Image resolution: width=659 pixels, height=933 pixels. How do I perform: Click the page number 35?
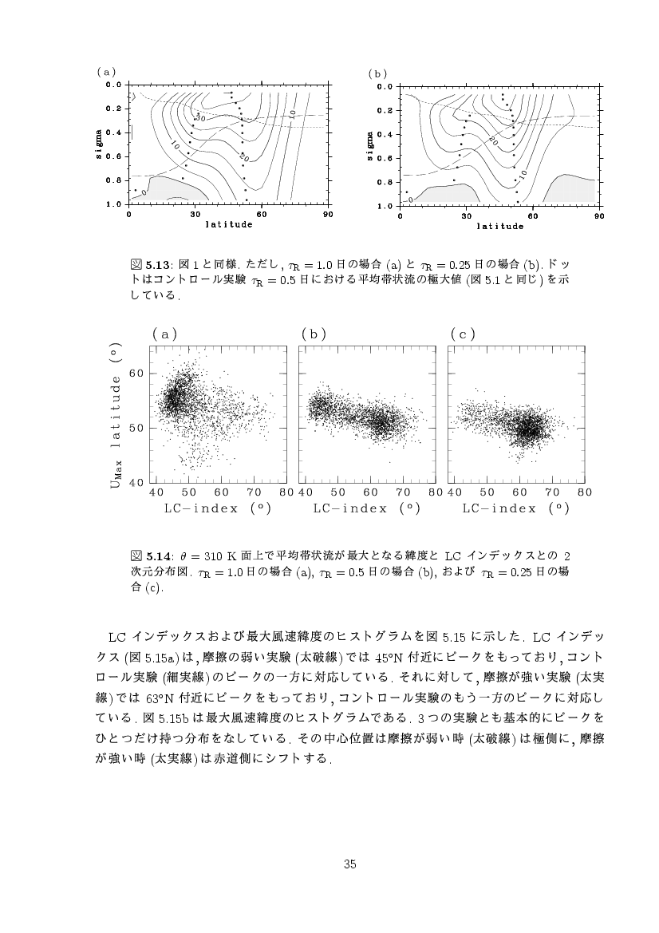pyautogui.click(x=349, y=864)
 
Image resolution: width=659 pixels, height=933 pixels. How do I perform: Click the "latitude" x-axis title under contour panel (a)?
pyautogui.click(x=228, y=224)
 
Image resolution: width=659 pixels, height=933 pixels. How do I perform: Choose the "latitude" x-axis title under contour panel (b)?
pyautogui.click(x=500, y=226)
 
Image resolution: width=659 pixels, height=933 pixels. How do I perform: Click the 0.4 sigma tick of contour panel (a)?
pyautogui.click(x=113, y=132)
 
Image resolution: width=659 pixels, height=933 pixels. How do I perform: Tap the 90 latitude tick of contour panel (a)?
pyautogui.click(x=327, y=214)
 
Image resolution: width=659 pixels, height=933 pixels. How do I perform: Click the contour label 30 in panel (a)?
pyautogui.click(x=200, y=119)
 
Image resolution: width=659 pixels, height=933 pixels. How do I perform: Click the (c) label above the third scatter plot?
pyautogui.click(x=463, y=334)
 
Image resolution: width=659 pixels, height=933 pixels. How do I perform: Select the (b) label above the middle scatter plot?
pyautogui.click(x=314, y=334)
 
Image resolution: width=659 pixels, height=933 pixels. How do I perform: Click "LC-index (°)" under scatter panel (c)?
pyautogui.click(x=515, y=508)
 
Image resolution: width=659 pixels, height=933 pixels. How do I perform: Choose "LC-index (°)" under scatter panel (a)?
pyautogui.click(x=216, y=508)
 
